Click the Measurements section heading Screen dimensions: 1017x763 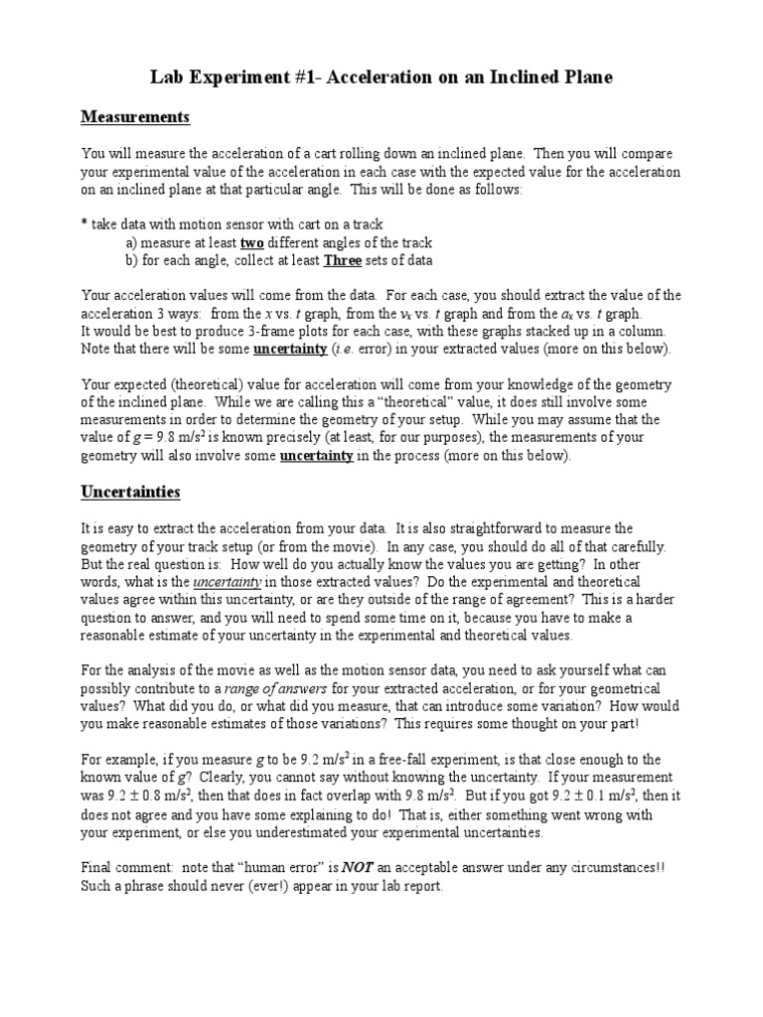click(x=134, y=117)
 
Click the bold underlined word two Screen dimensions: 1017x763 click(x=252, y=242)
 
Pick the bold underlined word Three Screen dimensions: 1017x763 click(x=343, y=260)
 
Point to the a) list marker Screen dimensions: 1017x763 click(x=131, y=242)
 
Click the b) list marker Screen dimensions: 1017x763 click(x=131, y=260)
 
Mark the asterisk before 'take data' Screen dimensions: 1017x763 click(x=83, y=224)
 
